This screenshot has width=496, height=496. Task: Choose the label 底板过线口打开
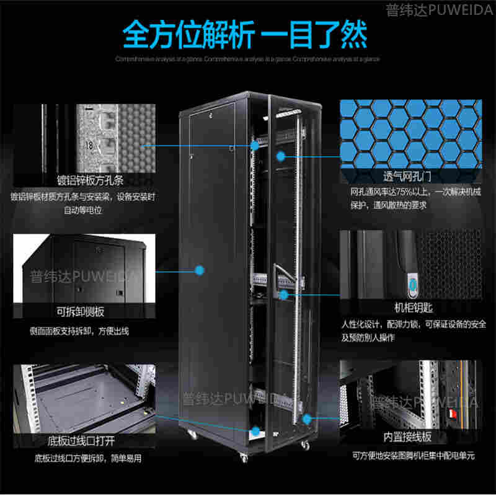(x=81, y=441)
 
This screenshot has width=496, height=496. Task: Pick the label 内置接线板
(x=407, y=437)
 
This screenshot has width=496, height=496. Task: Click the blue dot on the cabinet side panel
(x=200, y=270)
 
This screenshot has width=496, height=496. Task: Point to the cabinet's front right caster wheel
(x=304, y=446)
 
